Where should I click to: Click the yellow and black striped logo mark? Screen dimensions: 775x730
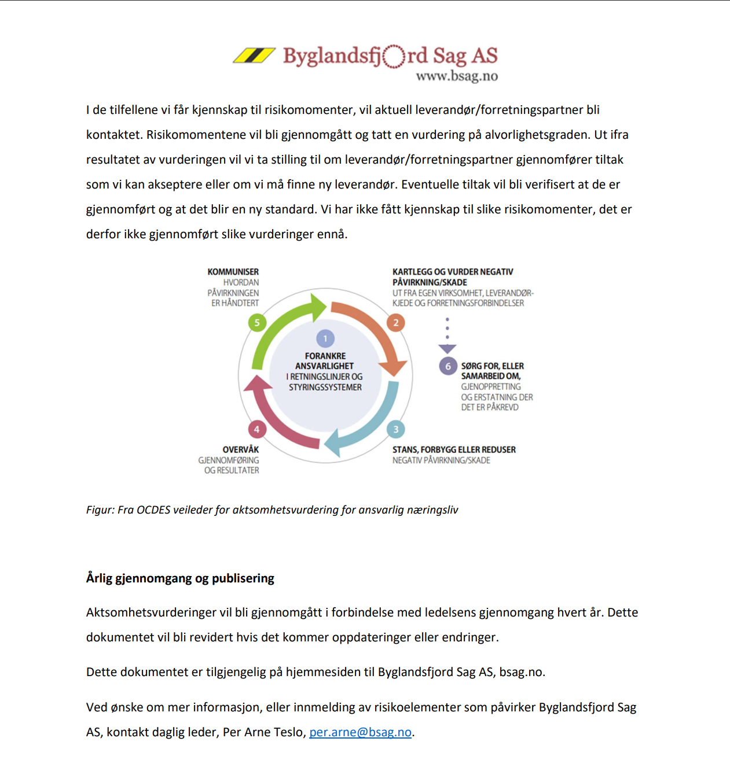(254, 56)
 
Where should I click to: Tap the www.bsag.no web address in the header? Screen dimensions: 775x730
(457, 76)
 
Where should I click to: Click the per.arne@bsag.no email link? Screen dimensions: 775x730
(360, 732)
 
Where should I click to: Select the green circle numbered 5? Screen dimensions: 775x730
(257, 323)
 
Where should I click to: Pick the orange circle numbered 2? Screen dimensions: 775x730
(396, 323)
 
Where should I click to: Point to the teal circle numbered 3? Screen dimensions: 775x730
(396, 429)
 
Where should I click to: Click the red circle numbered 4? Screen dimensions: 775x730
(257, 429)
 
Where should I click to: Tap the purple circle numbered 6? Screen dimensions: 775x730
(447, 366)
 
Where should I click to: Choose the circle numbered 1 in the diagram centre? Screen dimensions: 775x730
(325, 338)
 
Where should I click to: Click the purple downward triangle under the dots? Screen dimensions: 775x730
(447, 349)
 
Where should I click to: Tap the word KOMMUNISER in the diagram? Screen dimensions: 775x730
(233, 272)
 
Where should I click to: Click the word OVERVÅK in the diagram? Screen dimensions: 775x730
(241, 449)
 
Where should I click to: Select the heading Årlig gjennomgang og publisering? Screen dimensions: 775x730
(180, 578)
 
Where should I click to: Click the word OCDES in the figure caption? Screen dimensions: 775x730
(153, 510)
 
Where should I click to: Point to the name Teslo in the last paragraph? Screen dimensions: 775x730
(289, 732)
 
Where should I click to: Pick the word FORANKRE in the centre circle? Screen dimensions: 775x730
(325, 356)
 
